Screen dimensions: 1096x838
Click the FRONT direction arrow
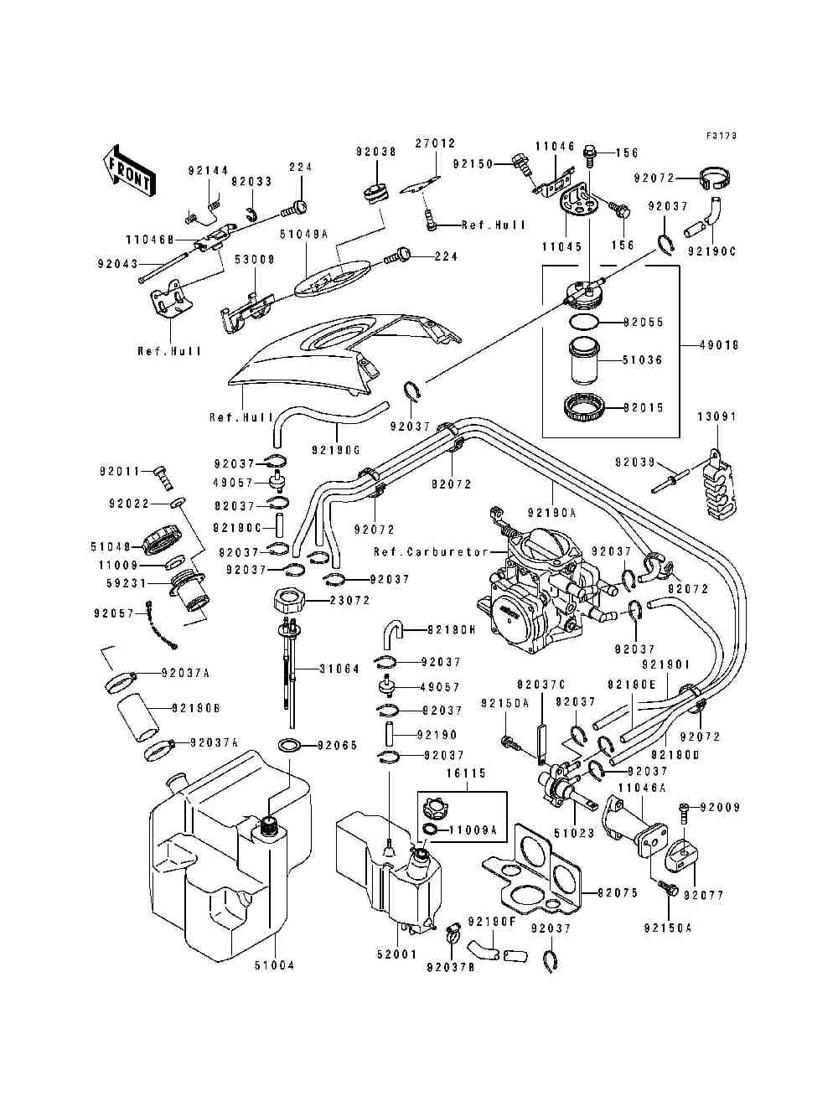(127, 173)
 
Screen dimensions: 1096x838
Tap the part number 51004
(274, 965)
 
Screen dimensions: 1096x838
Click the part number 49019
(723, 344)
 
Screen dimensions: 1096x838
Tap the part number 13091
(716, 416)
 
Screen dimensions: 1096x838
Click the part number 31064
(339, 669)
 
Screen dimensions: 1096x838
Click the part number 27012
(435, 143)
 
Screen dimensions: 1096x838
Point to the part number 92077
(703, 895)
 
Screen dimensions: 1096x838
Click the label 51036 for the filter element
(642, 360)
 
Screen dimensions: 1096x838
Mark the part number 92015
(642, 408)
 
